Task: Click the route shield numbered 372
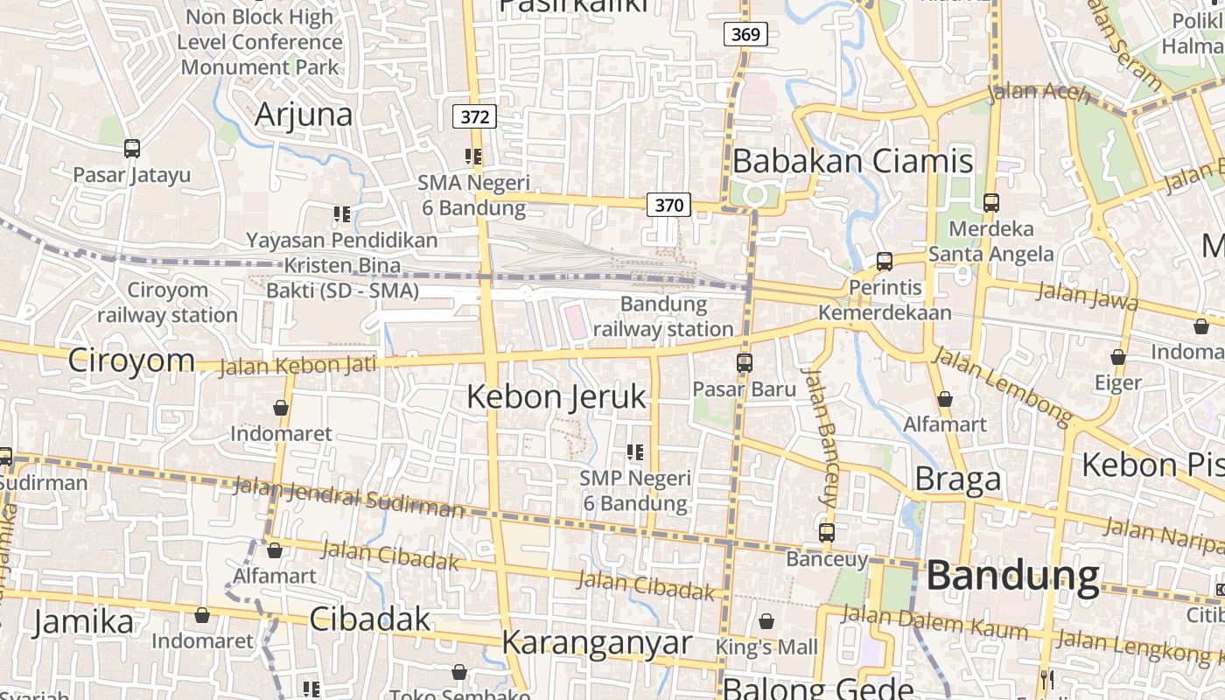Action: click(x=475, y=116)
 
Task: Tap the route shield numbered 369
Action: click(x=745, y=34)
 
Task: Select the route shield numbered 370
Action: click(x=668, y=205)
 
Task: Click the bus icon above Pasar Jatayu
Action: click(x=132, y=149)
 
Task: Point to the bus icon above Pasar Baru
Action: click(x=745, y=362)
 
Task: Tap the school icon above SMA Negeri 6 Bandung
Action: click(x=473, y=157)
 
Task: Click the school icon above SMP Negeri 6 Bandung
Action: click(x=635, y=452)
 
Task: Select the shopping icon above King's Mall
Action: click(x=766, y=621)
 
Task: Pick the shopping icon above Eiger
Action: click(x=1117, y=357)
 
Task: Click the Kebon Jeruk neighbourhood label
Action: click(x=556, y=396)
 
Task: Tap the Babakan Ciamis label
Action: click(x=852, y=161)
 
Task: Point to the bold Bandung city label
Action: click(x=1012, y=576)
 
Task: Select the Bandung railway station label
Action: click(x=663, y=317)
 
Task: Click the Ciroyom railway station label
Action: click(x=167, y=302)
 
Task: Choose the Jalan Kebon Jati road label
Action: click(x=297, y=365)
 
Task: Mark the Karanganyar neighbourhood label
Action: click(x=596, y=642)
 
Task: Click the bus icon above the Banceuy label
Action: click(x=827, y=532)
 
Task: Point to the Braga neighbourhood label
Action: click(x=957, y=479)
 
